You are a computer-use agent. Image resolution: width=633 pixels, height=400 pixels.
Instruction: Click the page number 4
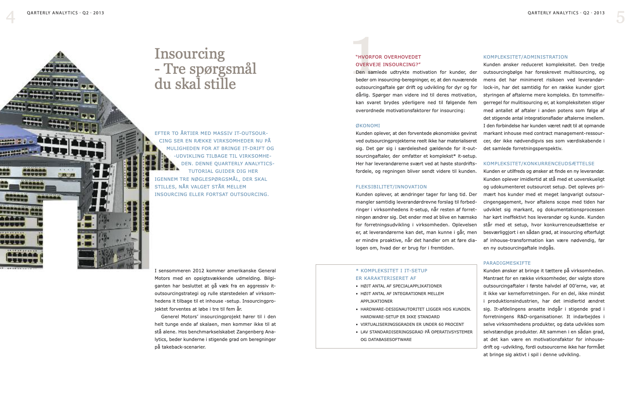[11, 17]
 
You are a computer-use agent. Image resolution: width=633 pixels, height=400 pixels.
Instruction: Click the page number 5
[620, 17]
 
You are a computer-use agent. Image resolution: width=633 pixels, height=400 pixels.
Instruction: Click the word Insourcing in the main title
[189, 54]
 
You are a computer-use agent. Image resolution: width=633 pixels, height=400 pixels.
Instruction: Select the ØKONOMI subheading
[368, 126]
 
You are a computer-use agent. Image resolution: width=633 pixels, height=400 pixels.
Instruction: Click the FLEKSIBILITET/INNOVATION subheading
[391, 187]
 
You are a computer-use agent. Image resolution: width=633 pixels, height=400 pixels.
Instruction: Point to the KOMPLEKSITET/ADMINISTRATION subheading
[525, 57]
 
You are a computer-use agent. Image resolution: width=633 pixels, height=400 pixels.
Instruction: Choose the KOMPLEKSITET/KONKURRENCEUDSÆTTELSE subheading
[538, 164]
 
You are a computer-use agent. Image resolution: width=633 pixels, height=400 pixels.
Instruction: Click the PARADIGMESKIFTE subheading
[507, 263]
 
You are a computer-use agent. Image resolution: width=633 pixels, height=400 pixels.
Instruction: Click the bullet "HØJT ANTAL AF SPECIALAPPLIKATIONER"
[401, 286]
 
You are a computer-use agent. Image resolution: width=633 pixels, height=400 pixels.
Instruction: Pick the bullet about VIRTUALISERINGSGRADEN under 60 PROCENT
[412, 325]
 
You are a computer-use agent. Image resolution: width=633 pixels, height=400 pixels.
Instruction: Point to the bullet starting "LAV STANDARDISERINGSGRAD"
[416, 332]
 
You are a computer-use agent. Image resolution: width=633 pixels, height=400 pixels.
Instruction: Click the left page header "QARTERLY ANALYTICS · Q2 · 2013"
[65, 13]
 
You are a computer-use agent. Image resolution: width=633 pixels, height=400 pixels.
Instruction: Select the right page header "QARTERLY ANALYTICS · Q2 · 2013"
[566, 13]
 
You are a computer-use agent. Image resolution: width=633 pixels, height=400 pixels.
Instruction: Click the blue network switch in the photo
[21, 145]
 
